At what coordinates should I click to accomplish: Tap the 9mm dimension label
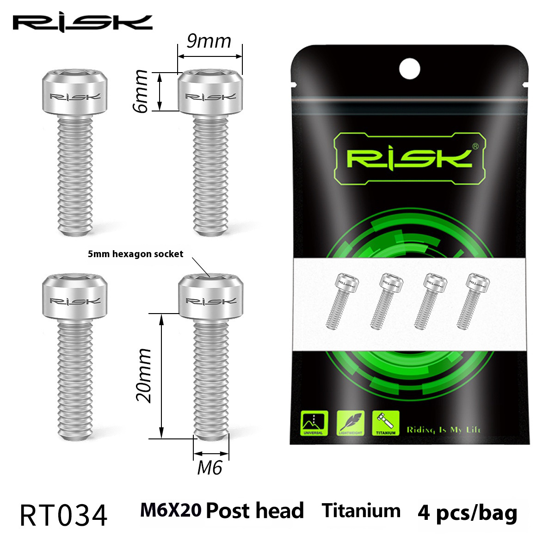click(209, 42)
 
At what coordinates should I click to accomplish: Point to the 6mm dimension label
click(140, 91)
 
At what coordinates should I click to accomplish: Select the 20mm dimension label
click(142, 376)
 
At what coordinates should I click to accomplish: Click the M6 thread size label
click(210, 468)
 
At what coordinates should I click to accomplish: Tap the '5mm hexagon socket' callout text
click(136, 254)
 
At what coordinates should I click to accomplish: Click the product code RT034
click(63, 515)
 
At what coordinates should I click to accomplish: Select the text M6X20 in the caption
click(170, 511)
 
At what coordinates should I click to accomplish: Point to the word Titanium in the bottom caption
click(361, 511)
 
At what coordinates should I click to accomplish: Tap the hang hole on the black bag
click(409, 69)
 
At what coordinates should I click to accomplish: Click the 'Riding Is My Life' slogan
click(444, 430)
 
